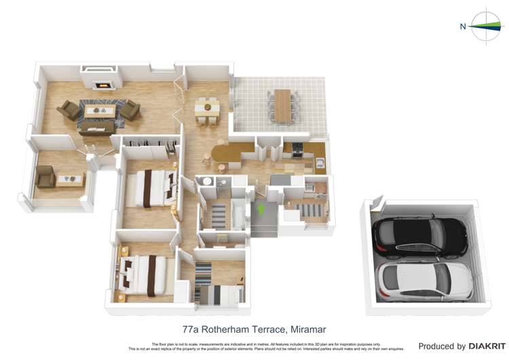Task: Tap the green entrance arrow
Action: pos(261,209)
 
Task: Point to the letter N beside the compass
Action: pos(463,27)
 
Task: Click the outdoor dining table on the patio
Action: pos(282,106)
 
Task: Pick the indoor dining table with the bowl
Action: pos(208,107)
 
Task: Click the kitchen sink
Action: pos(320,162)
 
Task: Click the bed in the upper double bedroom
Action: pos(153,188)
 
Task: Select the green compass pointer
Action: pos(484,26)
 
